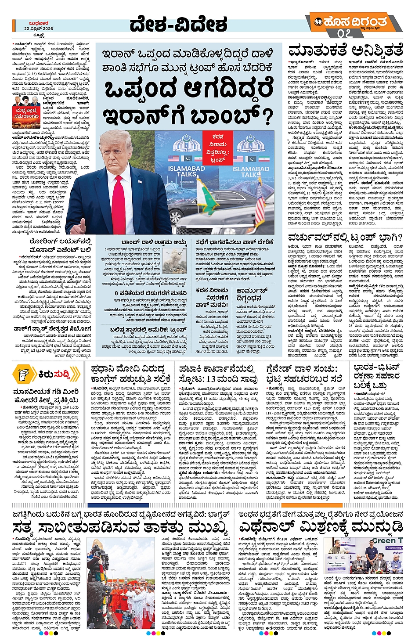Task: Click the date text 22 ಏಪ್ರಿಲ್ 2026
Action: [x=39, y=28]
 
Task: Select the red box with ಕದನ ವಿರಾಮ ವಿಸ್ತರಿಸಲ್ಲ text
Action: [x=218, y=148]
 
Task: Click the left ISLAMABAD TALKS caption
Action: [x=186, y=171]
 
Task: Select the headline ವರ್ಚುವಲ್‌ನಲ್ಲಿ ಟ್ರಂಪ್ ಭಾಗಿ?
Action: [x=345, y=238]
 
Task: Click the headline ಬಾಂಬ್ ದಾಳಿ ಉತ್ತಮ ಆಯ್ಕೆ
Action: [x=154, y=242]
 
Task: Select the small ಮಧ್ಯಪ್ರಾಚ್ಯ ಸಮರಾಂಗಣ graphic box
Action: [x=26, y=113]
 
